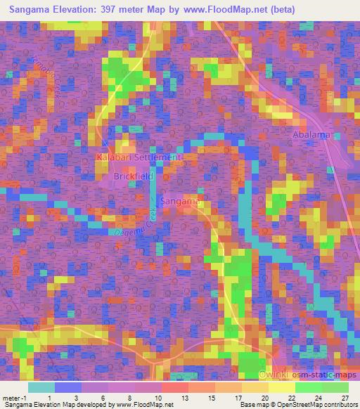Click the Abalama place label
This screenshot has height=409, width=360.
[312, 134]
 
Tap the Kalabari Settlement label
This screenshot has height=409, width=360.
[139, 158]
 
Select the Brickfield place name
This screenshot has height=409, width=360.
[133, 177]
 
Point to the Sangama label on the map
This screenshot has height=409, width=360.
[182, 202]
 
